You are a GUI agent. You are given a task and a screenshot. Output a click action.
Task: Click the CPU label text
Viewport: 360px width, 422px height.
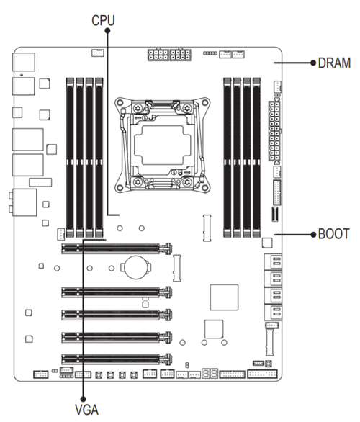click(x=103, y=20)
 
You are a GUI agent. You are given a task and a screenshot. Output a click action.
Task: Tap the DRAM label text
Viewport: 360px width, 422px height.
click(x=334, y=63)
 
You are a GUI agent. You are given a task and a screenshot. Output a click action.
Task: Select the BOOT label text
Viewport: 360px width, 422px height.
click(x=333, y=234)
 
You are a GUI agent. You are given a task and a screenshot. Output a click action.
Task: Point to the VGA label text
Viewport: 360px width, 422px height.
click(x=86, y=410)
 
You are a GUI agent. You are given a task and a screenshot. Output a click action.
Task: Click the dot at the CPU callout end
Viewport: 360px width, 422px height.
click(x=107, y=30)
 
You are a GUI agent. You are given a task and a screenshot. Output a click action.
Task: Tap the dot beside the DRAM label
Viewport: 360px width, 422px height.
click(x=313, y=63)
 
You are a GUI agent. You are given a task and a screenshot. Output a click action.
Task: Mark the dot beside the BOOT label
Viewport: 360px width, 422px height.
click(x=313, y=235)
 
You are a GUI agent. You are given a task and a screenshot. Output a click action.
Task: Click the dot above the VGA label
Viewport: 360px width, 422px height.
click(x=83, y=398)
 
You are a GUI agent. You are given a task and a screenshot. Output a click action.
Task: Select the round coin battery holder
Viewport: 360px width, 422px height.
click(x=136, y=267)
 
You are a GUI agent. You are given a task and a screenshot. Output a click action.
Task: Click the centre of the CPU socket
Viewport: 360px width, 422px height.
click(x=162, y=145)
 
